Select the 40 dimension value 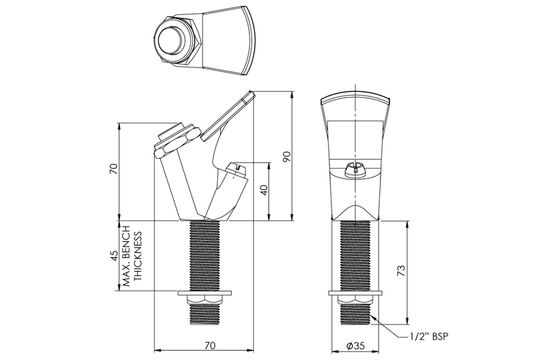tap(264, 190)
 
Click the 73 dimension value tap(401, 271)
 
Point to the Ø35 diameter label tap(355, 345)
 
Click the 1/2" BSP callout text tap(430, 336)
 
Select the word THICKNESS tap(138, 256)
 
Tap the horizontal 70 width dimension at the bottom tap(210, 345)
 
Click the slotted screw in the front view tap(355, 170)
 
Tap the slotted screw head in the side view tap(236, 170)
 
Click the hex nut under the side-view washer tap(204, 300)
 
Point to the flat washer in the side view tap(205, 293)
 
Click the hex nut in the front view tap(355, 300)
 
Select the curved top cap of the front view tap(355, 98)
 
